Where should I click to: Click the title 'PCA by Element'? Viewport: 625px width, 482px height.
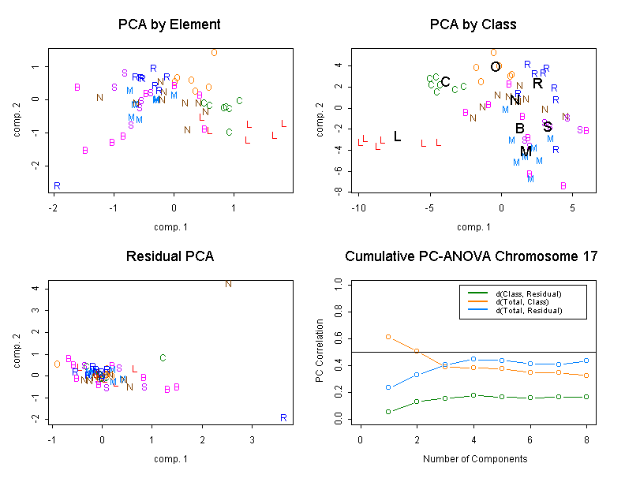169,24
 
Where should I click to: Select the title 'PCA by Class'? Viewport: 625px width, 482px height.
473,24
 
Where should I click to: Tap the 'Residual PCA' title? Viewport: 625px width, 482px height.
169,256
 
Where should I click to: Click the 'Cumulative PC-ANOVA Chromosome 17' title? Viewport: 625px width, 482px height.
472,256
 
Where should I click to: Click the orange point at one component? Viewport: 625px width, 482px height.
388,337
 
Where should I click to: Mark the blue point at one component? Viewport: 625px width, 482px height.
388,387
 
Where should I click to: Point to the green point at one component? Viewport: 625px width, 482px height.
388,412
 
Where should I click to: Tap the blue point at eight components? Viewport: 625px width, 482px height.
586,361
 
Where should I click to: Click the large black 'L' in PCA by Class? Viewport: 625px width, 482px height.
397,136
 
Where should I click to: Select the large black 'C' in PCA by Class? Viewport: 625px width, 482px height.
445,82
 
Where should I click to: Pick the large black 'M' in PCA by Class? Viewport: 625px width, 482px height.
526,151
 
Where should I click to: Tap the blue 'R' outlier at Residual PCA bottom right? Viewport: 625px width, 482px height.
283,417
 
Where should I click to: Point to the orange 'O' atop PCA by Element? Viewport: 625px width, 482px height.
214,53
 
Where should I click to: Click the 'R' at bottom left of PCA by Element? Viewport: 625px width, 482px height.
57,186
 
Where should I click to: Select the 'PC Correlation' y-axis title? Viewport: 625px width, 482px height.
320,351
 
